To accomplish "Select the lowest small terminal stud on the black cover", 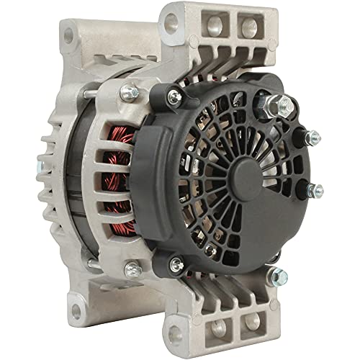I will tap(314, 191).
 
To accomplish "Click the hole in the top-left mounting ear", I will tap(70, 33).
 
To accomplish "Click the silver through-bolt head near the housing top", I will tap(132, 92).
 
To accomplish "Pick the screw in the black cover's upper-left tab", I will tap(175, 94).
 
